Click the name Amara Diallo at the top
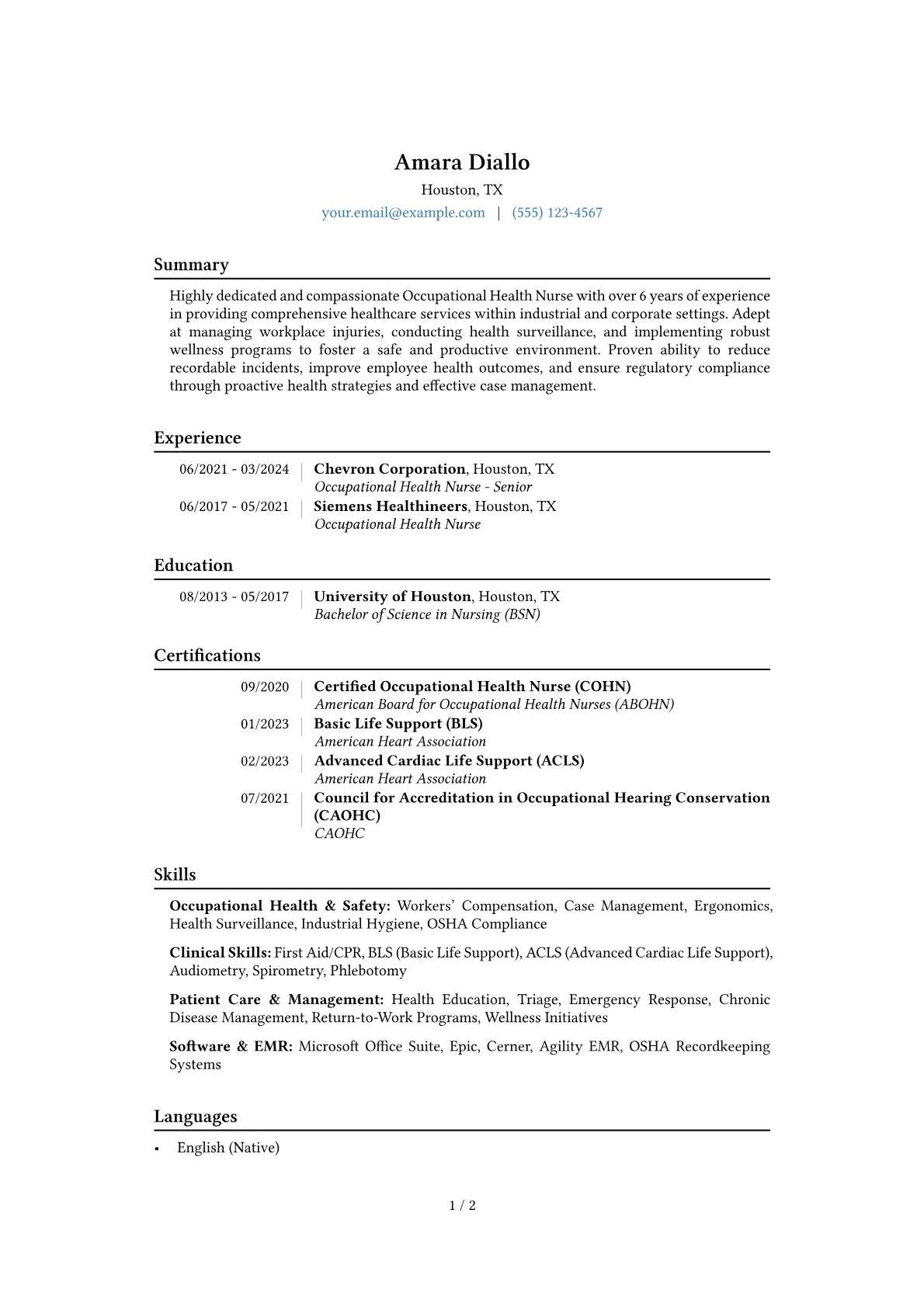(462, 162)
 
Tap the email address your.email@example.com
(403, 213)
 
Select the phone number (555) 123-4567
(557, 213)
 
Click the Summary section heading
(191, 265)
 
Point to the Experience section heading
(197, 438)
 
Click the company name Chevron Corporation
(389, 469)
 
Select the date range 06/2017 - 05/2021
(234, 506)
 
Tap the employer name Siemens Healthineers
(390, 506)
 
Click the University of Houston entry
(392, 596)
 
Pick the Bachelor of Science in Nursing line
(427, 614)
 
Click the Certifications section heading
(207, 655)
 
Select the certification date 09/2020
(264, 687)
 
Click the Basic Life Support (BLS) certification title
(398, 724)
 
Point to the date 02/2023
(264, 761)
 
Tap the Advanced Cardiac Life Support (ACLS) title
(449, 761)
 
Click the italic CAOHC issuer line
(339, 833)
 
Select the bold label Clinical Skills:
(220, 953)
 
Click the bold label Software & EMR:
(231, 1046)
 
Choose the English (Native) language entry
(228, 1148)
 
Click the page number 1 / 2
(462, 1205)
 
